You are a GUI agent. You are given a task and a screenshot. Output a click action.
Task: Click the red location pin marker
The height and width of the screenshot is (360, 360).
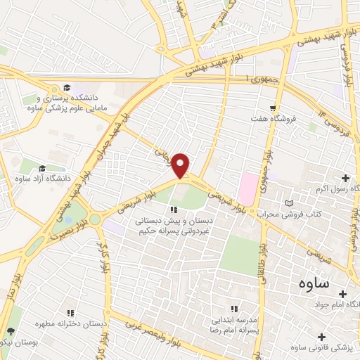(x=181, y=165)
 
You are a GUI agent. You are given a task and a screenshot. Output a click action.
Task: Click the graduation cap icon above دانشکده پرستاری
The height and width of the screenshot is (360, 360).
(x=67, y=88)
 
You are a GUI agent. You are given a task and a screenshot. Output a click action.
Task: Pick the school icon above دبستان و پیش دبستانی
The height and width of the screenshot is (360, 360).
(x=174, y=209)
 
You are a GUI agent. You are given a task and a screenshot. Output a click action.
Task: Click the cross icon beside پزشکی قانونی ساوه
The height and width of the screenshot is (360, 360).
(x=322, y=336)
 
